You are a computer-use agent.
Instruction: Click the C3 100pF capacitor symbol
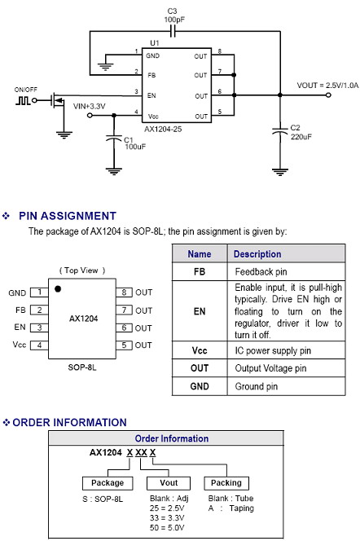[173, 32]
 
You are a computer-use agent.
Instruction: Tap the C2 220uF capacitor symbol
[279, 130]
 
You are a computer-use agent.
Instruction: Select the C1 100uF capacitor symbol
[114, 138]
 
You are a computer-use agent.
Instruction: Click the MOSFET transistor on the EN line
[57, 100]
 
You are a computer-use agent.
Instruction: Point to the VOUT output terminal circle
[328, 95]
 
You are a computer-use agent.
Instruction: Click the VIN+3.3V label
[90, 106]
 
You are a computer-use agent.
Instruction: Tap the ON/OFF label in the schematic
[25, 90]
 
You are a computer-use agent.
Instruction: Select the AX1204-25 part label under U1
[163, 130]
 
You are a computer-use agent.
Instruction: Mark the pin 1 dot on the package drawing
[58, 288]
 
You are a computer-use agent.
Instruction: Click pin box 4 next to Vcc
[39, 345]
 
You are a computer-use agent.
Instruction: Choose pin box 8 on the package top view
[124, 292]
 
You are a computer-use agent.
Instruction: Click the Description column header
[257, 254]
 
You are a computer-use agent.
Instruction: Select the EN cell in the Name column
[200, 311]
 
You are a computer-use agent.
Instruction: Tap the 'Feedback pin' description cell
[286, 272]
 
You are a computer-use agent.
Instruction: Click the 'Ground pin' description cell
[286, 386]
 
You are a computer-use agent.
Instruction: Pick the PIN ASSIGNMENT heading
[68, 216]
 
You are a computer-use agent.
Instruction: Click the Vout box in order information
[169, 483]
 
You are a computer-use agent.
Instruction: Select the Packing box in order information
[226, 483]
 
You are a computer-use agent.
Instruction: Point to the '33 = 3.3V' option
[167, 518]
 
